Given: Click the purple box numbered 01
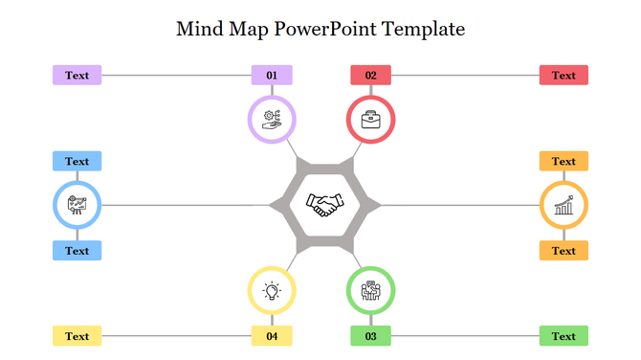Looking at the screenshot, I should pyautogui.click(x=272, y=75).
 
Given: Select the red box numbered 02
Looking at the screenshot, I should pyautogui.click(x=371, y=75).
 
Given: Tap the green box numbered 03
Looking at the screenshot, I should pyautogui.click(x=371, y=336).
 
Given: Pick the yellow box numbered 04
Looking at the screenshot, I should pyautogui.click(x=272, y=336).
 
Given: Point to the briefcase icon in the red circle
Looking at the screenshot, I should pyautogui.click(x=370, y=120).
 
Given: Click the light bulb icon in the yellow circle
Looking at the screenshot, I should pyautogui.click(x=273, y=290).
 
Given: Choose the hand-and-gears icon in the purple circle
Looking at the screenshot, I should pyautogui.click(x=272, y=120).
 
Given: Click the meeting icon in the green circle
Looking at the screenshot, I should pyautogui.click(x=370, y=290).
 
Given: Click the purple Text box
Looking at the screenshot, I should pyautogui.click(x=77, y=75).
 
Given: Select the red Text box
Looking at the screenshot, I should pyautogui.click(x=564, y=75).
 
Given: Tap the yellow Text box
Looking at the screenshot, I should pyautogui.click(x=77, y=336).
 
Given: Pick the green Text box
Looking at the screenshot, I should pyautogui.click(x=564, y=336).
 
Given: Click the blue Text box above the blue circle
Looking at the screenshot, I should pyautogui.click(x=77, y=161).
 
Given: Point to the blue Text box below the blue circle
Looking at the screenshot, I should pyautogui.click(x=77, y=251).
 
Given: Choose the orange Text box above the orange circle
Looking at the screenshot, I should pyautogui.click(x=564, y=161).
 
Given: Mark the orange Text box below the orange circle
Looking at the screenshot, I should pyautogui.click(x=564, y=251).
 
